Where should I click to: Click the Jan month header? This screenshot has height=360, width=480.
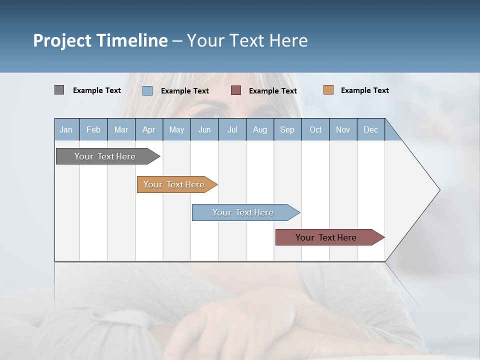point(66,129)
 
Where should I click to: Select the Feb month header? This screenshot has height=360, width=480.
point(93,129)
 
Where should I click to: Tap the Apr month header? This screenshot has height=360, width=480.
point(148,129)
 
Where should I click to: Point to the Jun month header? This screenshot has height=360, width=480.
point(204,129)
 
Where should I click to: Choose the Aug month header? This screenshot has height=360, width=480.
point(259,129)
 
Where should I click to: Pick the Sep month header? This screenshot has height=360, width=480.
point(287,129)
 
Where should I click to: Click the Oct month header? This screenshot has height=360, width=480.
point(315,129)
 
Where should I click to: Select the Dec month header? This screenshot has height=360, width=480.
point(370,129)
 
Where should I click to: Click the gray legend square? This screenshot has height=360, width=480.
point(59,90)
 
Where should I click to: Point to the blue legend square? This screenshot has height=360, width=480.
point(147,90)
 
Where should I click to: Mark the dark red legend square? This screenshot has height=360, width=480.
point(236,90)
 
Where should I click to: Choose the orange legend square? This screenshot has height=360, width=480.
point(328,90)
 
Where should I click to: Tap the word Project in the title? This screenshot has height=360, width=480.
point(62,40)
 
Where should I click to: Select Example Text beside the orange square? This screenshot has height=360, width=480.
point(364,90)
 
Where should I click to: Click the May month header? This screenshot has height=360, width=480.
point(176,129)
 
